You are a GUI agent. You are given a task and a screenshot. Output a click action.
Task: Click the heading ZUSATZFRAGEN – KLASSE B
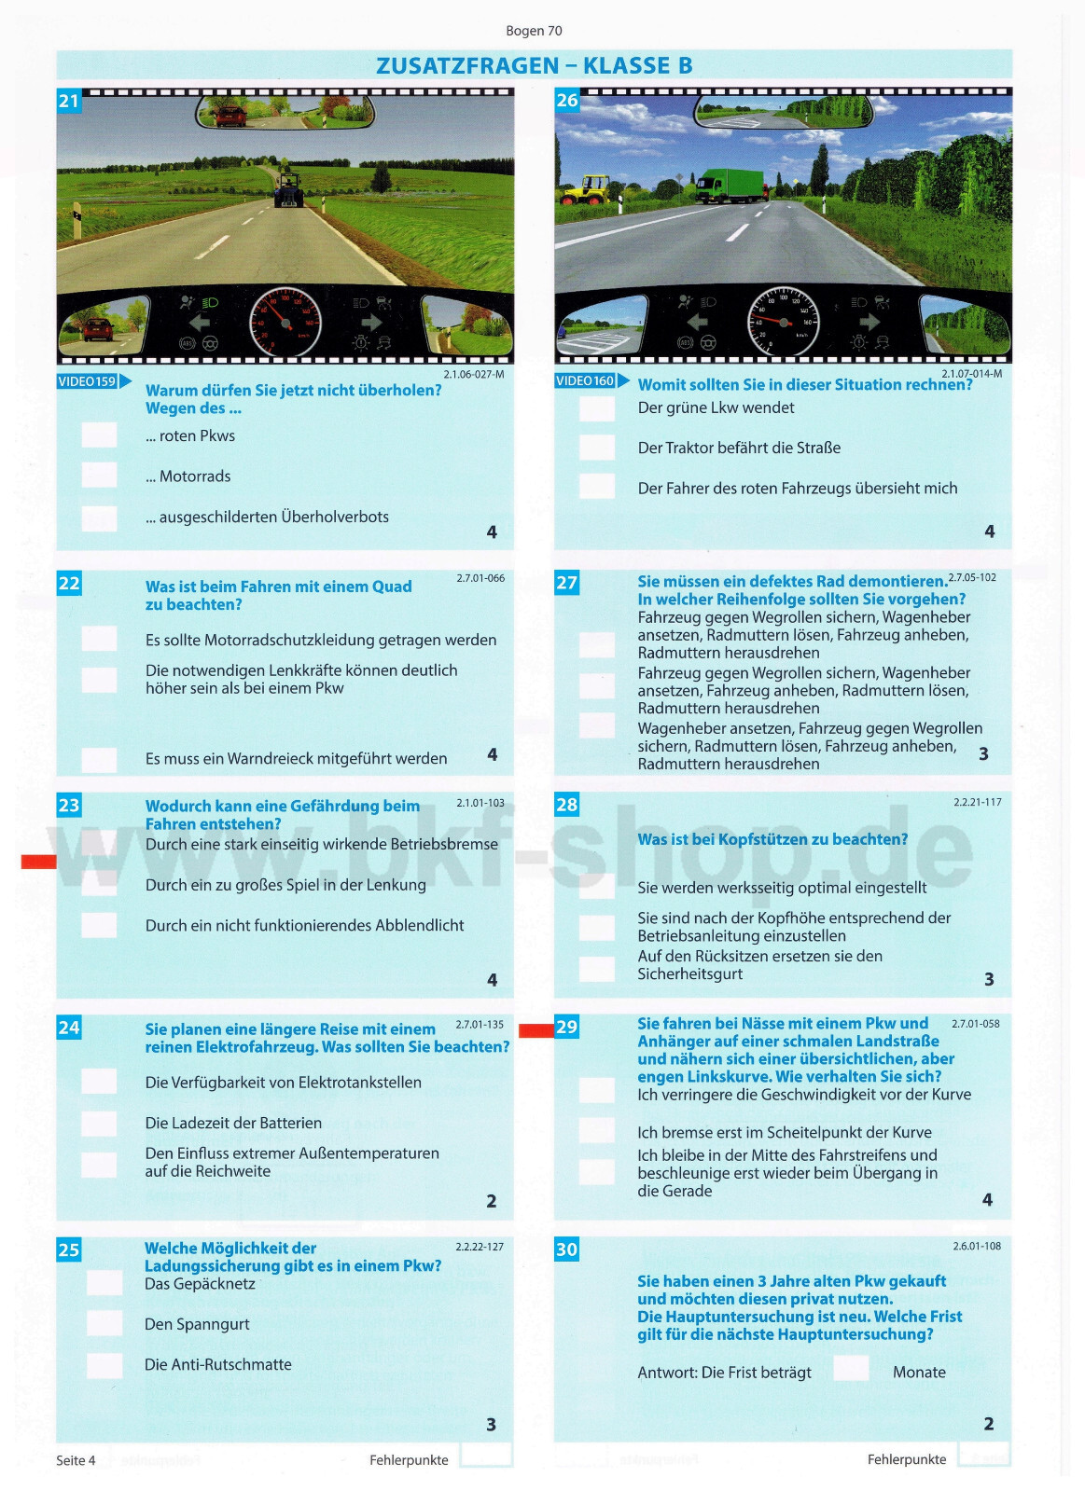(x=534, y=65)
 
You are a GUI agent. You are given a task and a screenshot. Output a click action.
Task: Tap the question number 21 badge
(x=69, y=101)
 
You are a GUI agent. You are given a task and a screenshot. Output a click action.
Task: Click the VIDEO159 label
(x=88, y=381)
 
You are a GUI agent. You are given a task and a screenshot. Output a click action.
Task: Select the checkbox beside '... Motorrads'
(x=99, y=476)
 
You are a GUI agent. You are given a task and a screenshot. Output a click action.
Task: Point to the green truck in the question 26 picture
(x=732, y=186)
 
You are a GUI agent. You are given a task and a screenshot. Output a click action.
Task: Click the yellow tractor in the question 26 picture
(x=585, y=189)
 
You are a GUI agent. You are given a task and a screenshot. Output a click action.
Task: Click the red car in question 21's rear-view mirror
(x=230, y=117)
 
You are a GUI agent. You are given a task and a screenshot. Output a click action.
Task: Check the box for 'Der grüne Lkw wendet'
(x=597, y=408)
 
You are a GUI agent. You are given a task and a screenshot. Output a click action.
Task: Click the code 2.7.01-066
(x=480, y=578)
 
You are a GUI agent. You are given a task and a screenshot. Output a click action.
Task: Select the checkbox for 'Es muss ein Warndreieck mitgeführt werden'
(x=99, y=759)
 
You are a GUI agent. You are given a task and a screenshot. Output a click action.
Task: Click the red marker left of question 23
(x=38, y=862)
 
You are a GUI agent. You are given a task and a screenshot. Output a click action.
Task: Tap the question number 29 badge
(x=567, y=1027)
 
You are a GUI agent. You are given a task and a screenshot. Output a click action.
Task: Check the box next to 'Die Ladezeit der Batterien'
(x=99, y=1123)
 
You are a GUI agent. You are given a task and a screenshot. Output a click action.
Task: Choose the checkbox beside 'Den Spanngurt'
(x=104, y=1323)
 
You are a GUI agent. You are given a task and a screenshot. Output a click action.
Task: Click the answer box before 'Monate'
(x=851, y=1369)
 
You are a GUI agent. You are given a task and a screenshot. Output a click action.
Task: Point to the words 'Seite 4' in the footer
(x=76, y=1460)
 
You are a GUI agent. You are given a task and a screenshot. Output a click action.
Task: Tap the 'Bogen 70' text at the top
(x=534, y=31)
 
